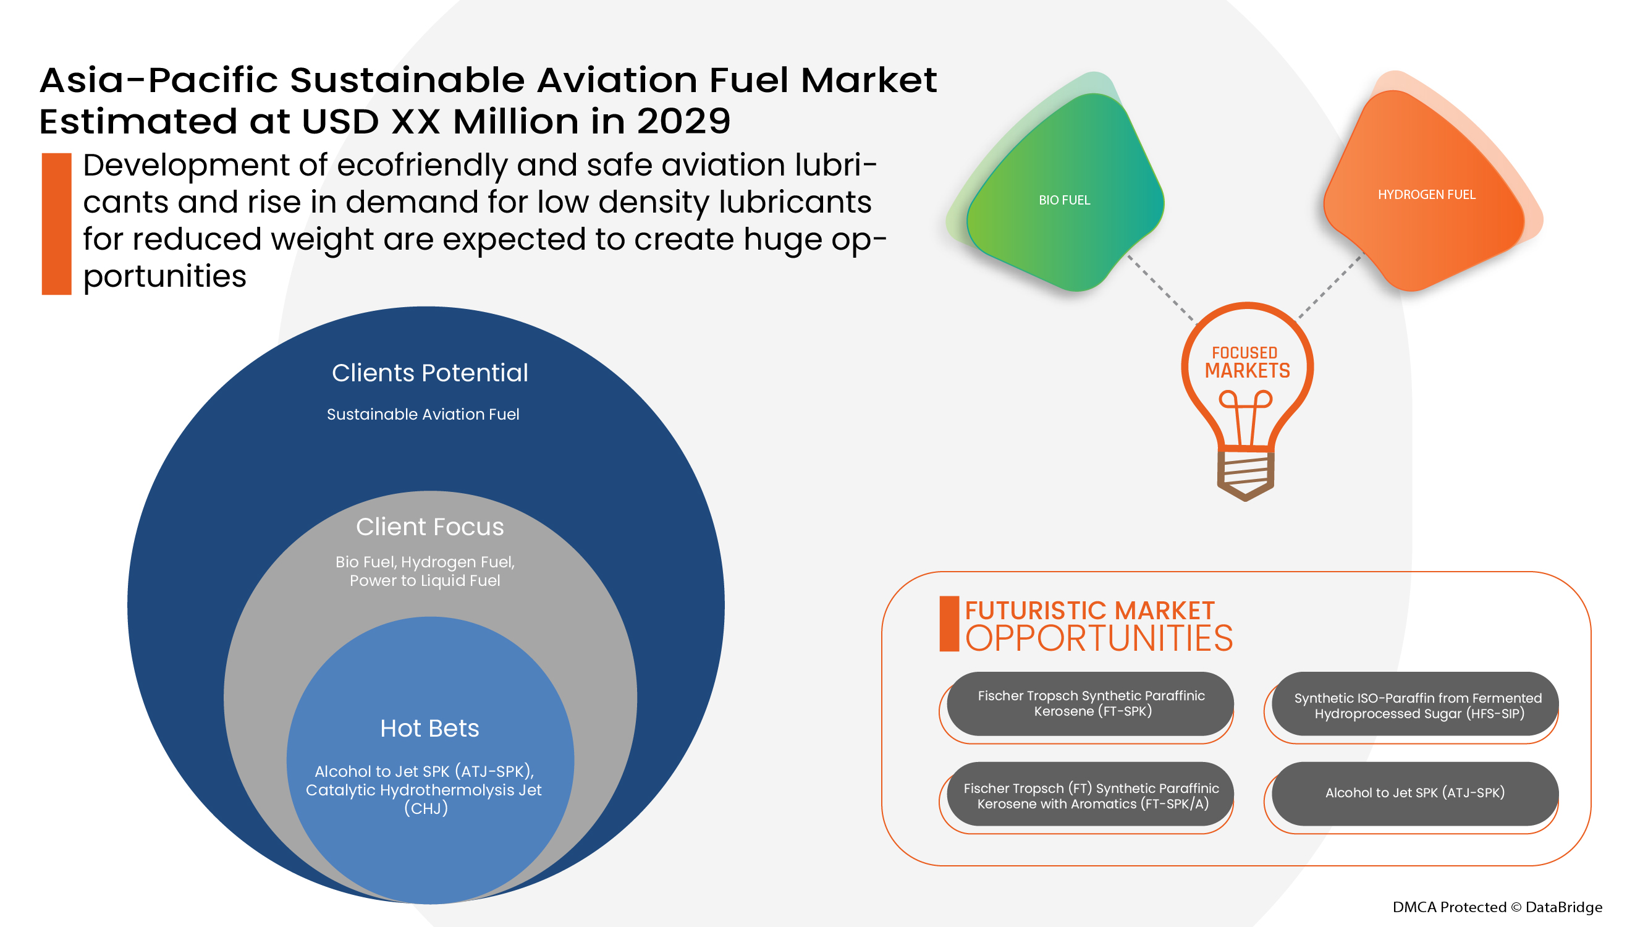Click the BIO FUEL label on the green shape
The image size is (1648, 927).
click(x=1064, y=200)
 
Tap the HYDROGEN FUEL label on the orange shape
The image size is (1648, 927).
click(x=1426, y=195)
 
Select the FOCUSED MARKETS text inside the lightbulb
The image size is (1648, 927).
click(x=1247, y=362)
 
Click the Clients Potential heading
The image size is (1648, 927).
click(x=430, y=373)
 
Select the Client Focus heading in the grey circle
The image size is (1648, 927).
click(x=430, y=527)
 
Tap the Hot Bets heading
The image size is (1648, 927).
click(x=429, y=729)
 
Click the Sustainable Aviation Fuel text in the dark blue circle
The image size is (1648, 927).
click(x=423, y=415)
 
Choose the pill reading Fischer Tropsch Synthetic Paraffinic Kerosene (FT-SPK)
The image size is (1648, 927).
click(x=1090, y=704)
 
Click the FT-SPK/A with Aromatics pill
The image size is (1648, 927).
click(x=1090, y=796)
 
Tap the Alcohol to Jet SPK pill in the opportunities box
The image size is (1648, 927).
click(x=1415, y=794)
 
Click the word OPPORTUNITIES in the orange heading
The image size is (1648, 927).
click(x=1099, y=639)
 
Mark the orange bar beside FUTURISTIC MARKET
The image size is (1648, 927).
click(x=949, y=624)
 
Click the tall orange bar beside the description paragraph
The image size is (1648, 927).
click(x=56, y=224)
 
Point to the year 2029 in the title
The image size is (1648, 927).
click(x=683, y=122)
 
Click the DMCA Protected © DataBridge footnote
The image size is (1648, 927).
click(x=1497, y=907)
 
